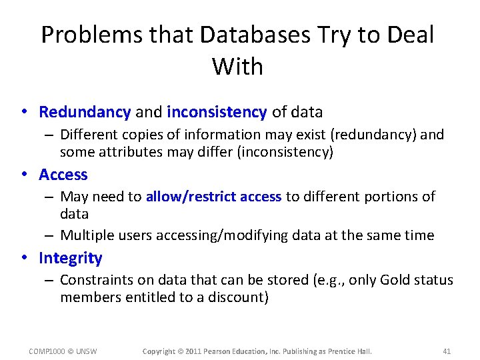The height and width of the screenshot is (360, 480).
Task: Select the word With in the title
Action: (x=237, y=66)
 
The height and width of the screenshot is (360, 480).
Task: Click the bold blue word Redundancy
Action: (x=85, y=112)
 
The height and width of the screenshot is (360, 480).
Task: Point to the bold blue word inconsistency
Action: (x=217, y=112)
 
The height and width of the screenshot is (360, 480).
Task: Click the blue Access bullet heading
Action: (x=63, y=175)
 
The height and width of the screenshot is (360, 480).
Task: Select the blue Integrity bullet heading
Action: (x=71, y=258)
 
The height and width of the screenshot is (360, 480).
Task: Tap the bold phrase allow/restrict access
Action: (x=213, y=197)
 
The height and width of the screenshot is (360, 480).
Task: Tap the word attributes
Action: (x=127, y=152)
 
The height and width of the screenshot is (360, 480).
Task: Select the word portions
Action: (x=385, y=197)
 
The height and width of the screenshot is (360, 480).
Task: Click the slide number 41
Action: (x=447, y=351)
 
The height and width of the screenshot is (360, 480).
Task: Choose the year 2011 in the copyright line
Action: (x=194, y=351)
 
